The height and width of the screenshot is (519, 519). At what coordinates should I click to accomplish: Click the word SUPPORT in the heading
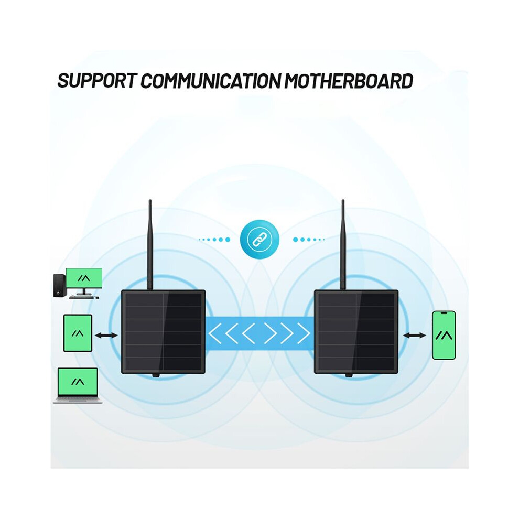(97, 80)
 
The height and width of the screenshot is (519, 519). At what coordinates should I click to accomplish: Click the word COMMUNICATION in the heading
(211, 81)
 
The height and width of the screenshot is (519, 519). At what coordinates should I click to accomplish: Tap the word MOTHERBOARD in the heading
(349, 81)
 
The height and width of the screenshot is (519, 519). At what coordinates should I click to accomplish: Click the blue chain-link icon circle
(260, 239)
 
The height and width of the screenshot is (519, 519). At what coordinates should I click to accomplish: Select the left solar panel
(163, 332)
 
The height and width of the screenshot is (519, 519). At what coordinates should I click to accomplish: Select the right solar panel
(356, 332)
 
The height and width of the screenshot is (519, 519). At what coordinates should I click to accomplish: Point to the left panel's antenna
(150, 245)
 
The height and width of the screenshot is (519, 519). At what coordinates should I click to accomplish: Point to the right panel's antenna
(343, 245)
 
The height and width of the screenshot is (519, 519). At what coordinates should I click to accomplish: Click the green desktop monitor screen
(84, 278)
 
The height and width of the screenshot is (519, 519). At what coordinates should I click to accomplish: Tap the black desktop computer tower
(59, 286)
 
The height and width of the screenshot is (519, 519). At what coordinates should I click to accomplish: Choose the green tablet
(78, 333)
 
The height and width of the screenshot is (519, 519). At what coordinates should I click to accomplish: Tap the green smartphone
(444, 336)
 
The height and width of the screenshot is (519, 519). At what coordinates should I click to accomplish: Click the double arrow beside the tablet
(106, 336)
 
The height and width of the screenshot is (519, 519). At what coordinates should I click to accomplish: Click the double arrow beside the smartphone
(414, 336)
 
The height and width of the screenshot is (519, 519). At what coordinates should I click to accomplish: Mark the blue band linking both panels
(260, 333)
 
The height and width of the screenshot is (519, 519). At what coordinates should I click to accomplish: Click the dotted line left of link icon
(214, 239)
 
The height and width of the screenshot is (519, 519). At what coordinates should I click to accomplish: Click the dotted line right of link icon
(308, 239)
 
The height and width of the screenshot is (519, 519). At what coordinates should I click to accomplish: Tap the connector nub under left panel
(156, 375)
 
